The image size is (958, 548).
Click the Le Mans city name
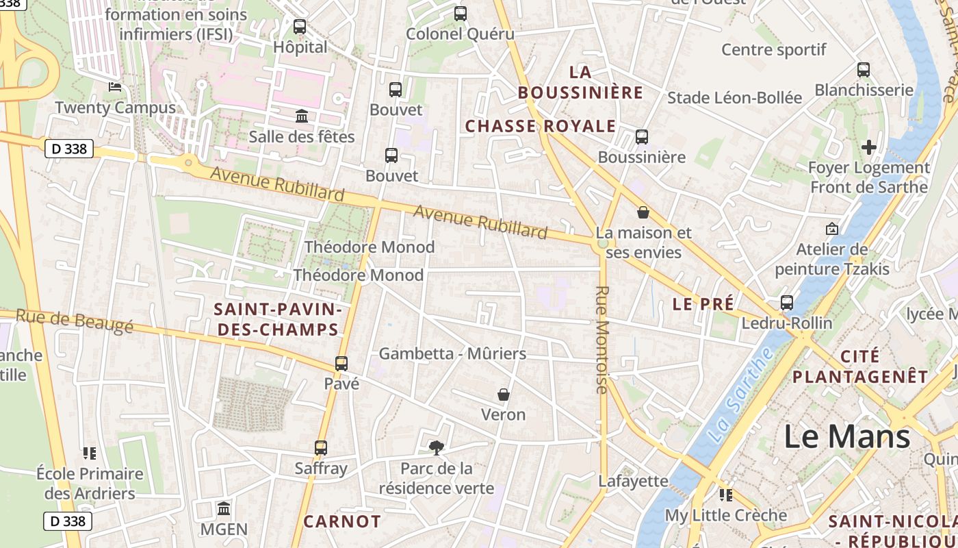[x=846, y=436]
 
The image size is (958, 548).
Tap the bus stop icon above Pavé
[x=341, y=364]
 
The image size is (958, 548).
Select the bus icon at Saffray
[x=321, y=448]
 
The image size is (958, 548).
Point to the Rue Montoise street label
[x=601, y=340]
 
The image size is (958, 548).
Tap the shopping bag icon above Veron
[x=504, y=395]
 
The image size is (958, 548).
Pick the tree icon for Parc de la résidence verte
[x=436, y=448]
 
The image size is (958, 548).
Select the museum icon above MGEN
[x=224, y=509]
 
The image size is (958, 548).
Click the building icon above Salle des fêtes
[x=302, y=116]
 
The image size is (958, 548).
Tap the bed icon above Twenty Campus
[x=115, y=87]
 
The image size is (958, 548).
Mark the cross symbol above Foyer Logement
[x=868, y=147]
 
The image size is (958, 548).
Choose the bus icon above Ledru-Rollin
[x=787, y=303]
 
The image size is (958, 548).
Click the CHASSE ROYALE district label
[x=541, y=126]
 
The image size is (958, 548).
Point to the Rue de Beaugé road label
[x=74, y=322]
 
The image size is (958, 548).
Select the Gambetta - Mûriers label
[x=452, y=353]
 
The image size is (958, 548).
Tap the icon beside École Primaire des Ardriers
[x=90, y=453]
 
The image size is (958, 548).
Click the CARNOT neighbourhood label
[x=341, y=521]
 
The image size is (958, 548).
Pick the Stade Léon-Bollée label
[x=734, y=98]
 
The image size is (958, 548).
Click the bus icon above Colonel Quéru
[x=461, y=14]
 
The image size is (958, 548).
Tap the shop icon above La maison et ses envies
[x=643, y=212]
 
